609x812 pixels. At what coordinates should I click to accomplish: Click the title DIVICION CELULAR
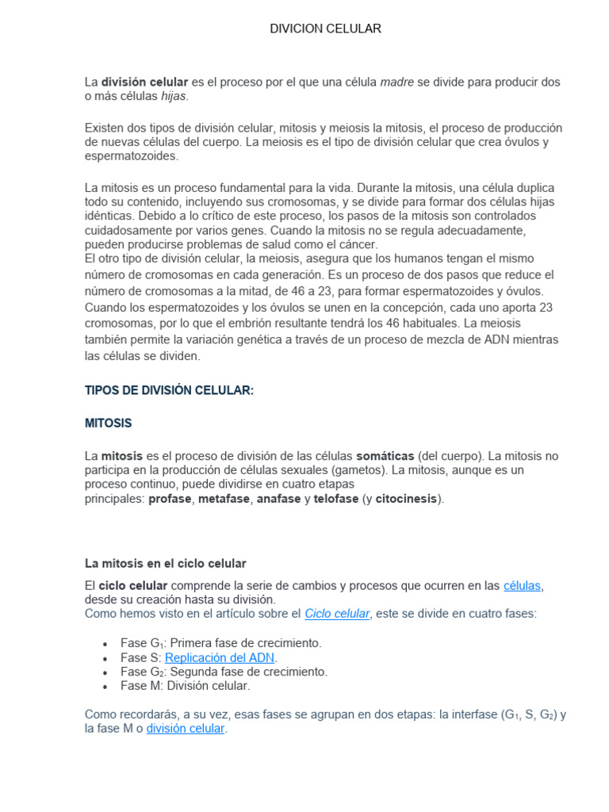(x=325, y=29)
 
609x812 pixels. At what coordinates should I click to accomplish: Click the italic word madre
(x=397, y=82)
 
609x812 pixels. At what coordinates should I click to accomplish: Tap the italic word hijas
(x=174, y=96)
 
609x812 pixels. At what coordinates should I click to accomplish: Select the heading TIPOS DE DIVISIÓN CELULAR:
(x=169, y=390)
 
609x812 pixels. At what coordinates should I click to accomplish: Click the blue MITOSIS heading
(x=108, y=423)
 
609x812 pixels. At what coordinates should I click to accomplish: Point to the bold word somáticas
(x=385, y=456)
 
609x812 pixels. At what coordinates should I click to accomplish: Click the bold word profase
(x=170, y=499)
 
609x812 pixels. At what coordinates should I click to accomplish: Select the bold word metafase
(x=224, y=499)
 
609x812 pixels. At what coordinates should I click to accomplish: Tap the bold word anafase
(x=278, y=499)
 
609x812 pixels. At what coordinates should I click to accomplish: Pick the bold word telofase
(x=336, y=499)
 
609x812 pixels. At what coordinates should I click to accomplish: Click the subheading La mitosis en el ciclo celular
(x=166, y=563)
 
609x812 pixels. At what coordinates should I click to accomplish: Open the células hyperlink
(x=522, y=585)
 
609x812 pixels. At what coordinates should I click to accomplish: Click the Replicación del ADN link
(x=220, y=657)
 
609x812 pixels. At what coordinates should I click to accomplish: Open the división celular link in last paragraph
(x=186, y=728)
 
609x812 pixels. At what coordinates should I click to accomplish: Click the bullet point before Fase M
(x=105, y=687)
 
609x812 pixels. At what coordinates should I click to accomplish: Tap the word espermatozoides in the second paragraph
(x=131, y=156)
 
